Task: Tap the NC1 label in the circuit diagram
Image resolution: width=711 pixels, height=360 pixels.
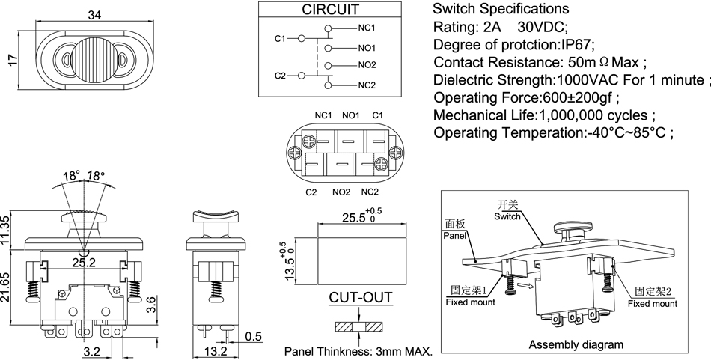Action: pyautogui.click(x=367, y=28)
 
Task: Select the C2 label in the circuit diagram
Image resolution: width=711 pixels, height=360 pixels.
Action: pyautogui.click(x=280, y=76)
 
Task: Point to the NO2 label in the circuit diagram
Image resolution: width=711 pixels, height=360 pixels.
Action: pyautogui.click(x=367, y=66)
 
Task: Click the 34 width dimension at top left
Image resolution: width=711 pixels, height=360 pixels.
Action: pyautogui.click(x=95, y=14)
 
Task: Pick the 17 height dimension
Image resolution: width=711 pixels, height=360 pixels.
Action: pyautogui.click(x=13, y=60)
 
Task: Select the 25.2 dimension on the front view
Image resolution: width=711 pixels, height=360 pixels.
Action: pyautogui.click(x=83, y=263)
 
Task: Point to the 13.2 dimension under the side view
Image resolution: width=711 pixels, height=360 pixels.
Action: pyautogui.click(x=216, y=350)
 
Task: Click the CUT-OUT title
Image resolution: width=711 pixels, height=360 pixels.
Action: pyautogui.click(x=361, y=298)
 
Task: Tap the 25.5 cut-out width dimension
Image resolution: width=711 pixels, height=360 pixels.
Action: pyautogui.click(x=355, y=218)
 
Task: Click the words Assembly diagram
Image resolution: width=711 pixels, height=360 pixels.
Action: pyautogui.click(x=576, y=345)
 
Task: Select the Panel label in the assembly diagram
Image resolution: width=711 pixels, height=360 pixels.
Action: pyautogui.click(x=454, y=235)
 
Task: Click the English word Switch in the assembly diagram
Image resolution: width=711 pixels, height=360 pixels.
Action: pyautogui.click(x=507, y=216)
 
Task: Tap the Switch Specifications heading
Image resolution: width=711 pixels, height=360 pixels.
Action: pyautogui.click(x=501, y=9)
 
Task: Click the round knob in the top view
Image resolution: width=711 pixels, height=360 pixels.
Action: pyautogui.click(x=95, y=57)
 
